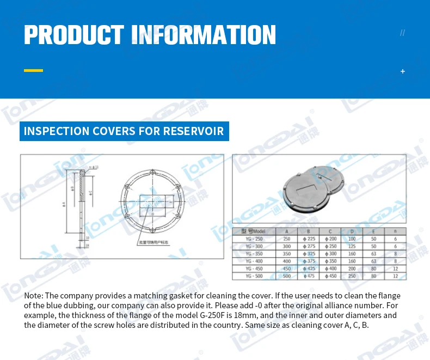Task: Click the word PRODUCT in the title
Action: tap(73, 34)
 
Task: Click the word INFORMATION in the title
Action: tap(204, 34)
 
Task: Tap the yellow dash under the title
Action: tap(33, 70)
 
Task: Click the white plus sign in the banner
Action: tap(403, 71)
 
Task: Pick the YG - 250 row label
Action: tap(253, 239)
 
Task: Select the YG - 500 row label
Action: tap(253, 276)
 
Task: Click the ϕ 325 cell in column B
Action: tap(309, 254)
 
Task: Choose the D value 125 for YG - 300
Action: tap(352, 246)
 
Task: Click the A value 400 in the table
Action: tap(287, 261)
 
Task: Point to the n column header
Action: tap(395, 231)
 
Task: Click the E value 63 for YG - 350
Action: tap(373, 254)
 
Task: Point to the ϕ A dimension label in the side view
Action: tap(64, 205)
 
